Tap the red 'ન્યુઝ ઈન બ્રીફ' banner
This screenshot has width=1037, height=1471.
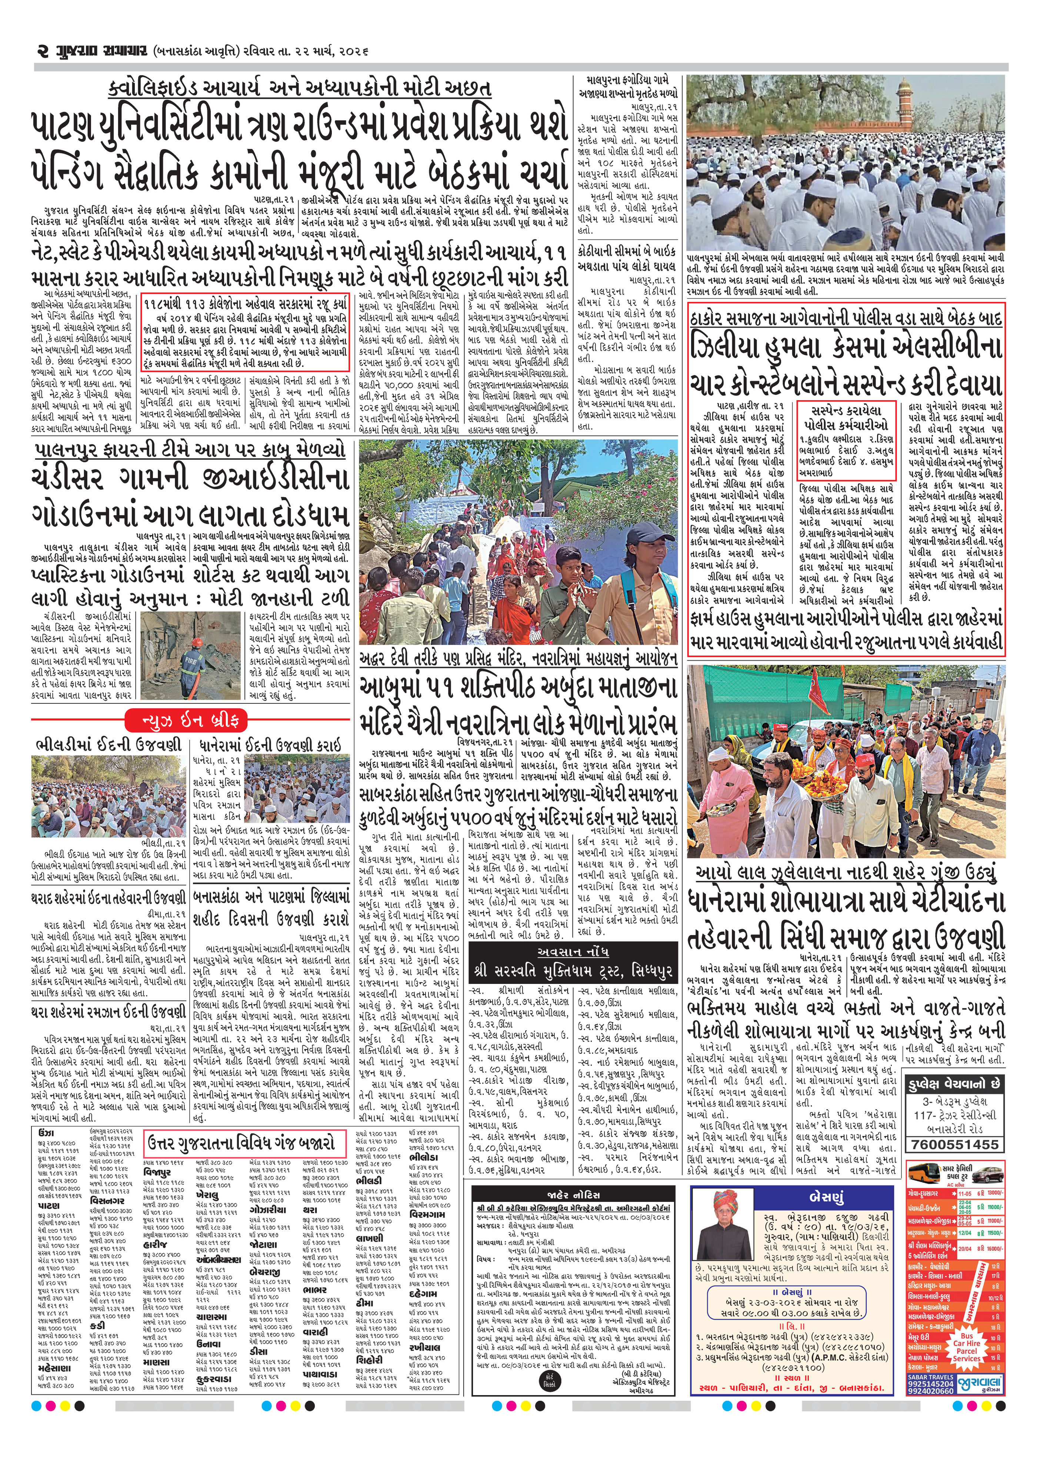[x=188, y=720]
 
